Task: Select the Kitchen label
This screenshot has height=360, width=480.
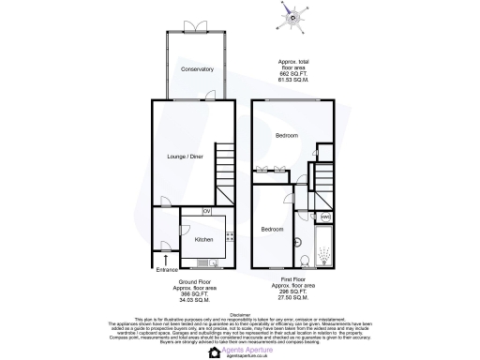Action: [203, 239]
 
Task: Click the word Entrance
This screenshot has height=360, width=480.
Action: [168, 270]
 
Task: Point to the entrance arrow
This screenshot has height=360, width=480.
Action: [167, 255]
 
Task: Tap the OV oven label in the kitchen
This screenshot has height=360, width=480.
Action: [206, 212]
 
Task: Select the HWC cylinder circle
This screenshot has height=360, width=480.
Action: [325, 217]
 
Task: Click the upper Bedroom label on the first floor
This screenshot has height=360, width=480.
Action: [286, 136]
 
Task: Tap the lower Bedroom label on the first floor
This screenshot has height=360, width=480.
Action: [272, 230]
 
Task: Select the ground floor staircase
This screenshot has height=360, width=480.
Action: [224, 168]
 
